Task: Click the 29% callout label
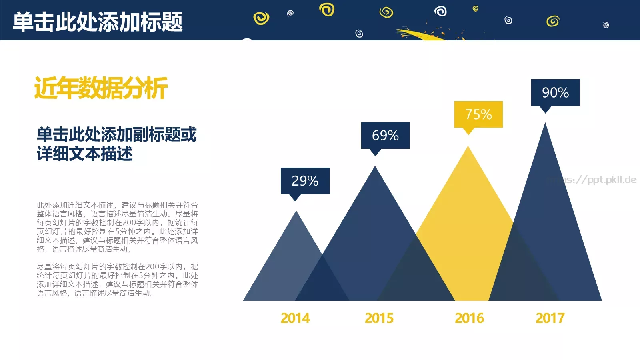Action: [305, 181]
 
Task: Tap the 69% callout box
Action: [385, 136]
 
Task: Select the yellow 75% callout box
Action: [478, 114]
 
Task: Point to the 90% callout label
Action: [555, 92]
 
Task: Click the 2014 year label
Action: [295, 318]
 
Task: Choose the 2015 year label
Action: [379, 318]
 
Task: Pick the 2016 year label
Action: [469, 318]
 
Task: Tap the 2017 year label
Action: [550, 318]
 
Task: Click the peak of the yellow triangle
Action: [468, 148]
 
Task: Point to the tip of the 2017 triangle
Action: [545, 124]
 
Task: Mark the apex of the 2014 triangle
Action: [296, 212]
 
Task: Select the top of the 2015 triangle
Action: [375, 167]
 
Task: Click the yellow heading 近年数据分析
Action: [101, 88]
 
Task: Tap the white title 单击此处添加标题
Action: [98, 22]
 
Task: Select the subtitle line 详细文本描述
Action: [85, 154]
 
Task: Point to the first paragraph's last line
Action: [84, 249]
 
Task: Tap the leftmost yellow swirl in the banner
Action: [261, 18]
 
